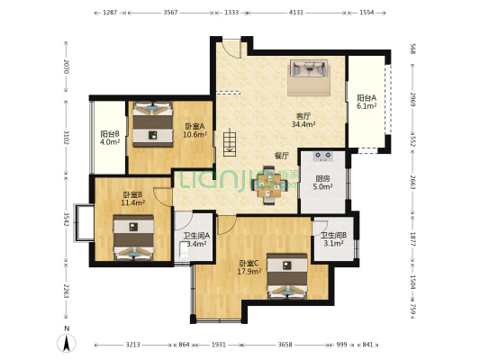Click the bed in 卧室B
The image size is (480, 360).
(x=133, y=238)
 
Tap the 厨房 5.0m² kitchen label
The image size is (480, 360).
(x=322, y=183)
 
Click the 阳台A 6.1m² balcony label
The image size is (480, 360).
(x=366, y=102)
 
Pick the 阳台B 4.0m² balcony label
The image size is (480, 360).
(x=110, y=138)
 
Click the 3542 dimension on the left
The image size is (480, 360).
(x=66, y=219)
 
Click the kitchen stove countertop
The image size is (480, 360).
(x=322, y=157)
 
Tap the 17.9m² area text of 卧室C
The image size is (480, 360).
(x=249, y=271)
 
